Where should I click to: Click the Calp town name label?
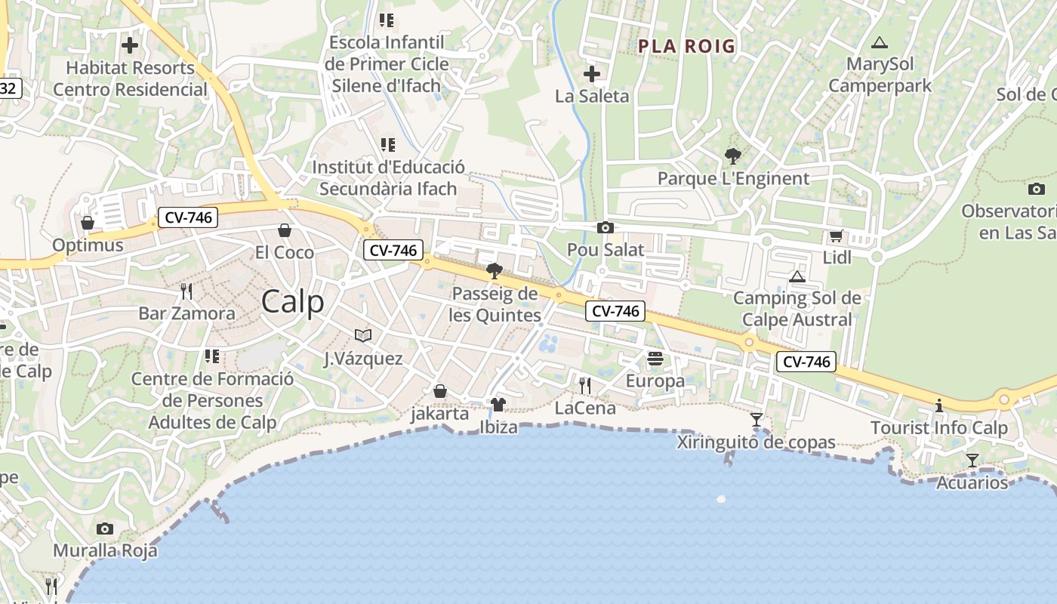pyautogui.click(x=293, y=302)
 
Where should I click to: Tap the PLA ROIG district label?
pyautogui.click(x=686, y=46)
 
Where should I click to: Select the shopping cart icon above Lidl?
pyautogui.click(x=836, y=236)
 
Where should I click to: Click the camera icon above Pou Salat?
pyautogui.click(x=605, y=227)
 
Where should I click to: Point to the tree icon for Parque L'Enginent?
pyautogui.click(x=732, y=156)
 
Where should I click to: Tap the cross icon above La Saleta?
pyautogui.click(x=592, y=74)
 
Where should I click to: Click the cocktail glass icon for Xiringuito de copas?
pyautogui.click(x=756, y=420)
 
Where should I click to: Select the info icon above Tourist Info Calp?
pyautogui.click(x=939, y=405)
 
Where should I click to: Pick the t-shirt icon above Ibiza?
pyautogui.click(x=498, y=405)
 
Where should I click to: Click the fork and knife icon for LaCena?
pyautogui.click(x=585, y=386)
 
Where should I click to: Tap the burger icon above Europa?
pyautogui.click(x=655, y=359)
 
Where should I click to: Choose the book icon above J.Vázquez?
pyautogui.click(x=363, y=335)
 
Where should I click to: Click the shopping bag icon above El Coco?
pyautogui.click(x=285, y=230)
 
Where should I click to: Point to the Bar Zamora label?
pyautogui.click(x=186, y=313)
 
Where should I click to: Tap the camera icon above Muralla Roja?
pyautogui.click(x=105, y=528)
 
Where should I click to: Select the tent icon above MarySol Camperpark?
pyautogui.click(x=878, y=42)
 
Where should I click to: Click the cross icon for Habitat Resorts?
pyautogui.click(x=130, y=45)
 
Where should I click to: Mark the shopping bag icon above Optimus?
pyautogui.click(x=88, y=223)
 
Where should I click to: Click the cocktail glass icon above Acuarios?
pyautogui.click(x=972, y=460)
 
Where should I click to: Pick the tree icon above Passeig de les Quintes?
pyautogui.click(x=495, y=271)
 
